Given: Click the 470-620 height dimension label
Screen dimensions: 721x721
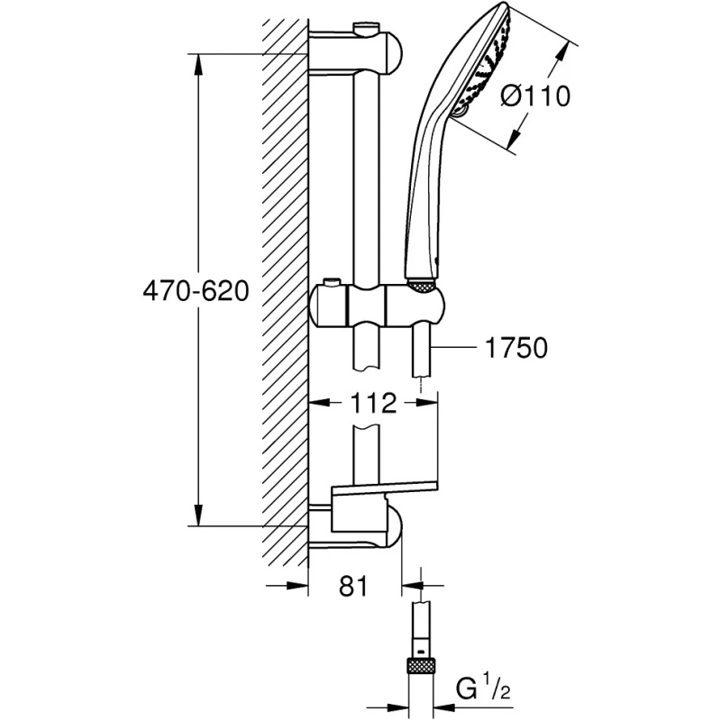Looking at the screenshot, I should (x=195, y=291).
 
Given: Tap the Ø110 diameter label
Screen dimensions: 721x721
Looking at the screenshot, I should (x=534, y=95).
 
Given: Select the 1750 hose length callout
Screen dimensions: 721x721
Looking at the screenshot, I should (x=515, y=348).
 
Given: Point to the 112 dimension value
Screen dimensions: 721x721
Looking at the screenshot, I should (x=374, y=403).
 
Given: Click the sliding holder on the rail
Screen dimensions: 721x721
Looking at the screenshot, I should (x=379, y=306).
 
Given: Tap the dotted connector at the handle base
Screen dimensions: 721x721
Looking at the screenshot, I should (x=422, y=286).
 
